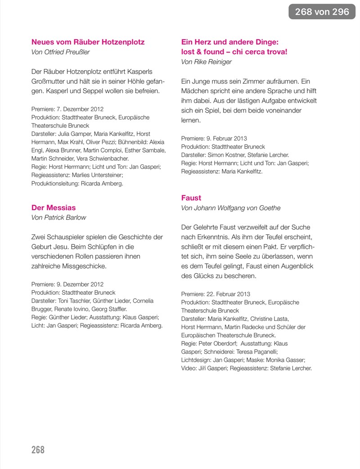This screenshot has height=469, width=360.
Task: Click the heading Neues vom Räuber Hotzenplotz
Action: pos(88,42)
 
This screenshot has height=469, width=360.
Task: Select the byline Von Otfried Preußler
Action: pos(60,52)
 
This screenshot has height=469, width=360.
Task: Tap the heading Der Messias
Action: pos(54,207)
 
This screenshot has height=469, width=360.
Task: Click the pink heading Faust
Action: pos(191,198)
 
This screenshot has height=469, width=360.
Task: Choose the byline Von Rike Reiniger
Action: pos(207,62)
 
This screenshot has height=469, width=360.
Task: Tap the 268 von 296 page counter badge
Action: pos(322,12)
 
